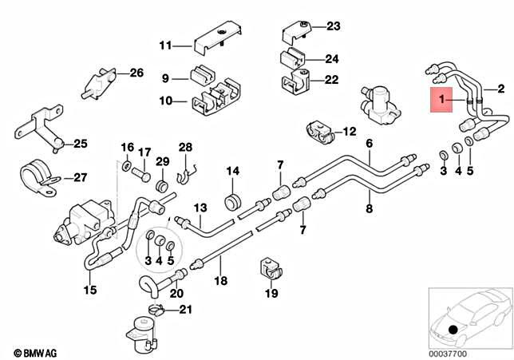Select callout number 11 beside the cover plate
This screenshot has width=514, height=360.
165,45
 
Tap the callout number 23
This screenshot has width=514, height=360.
333,26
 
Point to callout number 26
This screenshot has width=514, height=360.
136,73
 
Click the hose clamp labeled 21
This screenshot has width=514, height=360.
156,309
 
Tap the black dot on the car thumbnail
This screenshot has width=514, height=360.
453,330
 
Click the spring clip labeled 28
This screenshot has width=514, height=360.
184,169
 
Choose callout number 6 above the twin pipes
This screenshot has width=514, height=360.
369,144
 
